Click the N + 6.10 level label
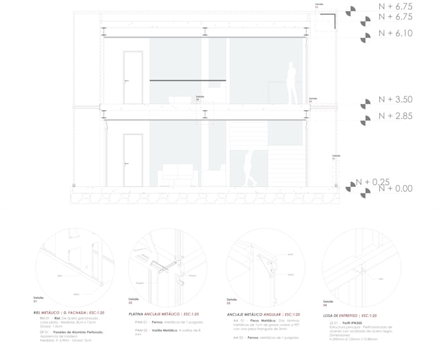[395, 33]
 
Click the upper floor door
[132, 78]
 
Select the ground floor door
[132, 160]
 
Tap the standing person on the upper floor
[292, 84]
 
